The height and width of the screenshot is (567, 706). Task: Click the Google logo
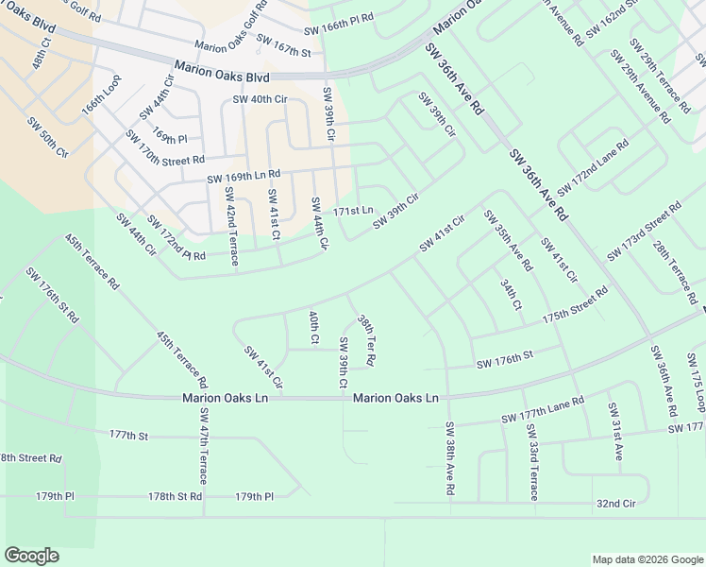click(x=31, y=556)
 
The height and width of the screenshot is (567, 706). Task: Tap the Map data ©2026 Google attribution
click(x=647, y=559)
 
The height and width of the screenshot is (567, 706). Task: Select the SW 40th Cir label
click(x=255, y=100)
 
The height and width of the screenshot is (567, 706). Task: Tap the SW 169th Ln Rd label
click(x=244, y=175)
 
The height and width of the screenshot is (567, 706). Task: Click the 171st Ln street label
click(x=356, y=210)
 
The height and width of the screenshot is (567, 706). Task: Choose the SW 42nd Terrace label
click(x=231, y=225)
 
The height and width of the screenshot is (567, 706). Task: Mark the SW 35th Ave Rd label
click(x=509, y=240)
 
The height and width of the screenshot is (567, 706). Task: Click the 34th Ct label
click(x=512, y=294)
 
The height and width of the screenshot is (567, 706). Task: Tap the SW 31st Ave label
click(x=614, y=432)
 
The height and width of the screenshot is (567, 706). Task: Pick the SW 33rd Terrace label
click(x=532, y=462)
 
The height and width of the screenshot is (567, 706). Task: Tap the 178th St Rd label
click(x=175, y=496)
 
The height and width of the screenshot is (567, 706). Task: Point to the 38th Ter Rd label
click(x=366, y=341)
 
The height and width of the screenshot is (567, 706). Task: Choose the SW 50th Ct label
click(x=48, y=137)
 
